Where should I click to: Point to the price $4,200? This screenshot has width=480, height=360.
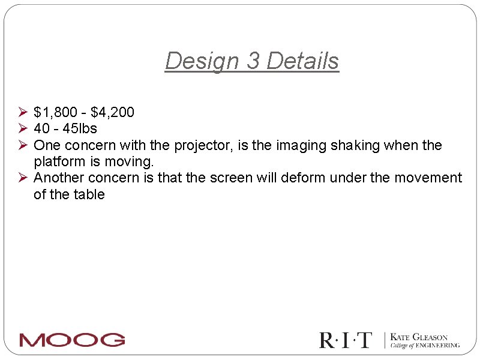click(112, 112)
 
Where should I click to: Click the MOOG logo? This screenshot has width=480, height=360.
click(72, 340)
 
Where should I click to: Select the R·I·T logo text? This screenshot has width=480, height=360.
click(346, 340)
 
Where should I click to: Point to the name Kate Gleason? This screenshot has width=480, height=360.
click(419, 337)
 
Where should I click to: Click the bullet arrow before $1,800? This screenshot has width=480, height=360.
click(23, 112)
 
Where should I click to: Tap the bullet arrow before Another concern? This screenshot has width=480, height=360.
click(23, 178)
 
